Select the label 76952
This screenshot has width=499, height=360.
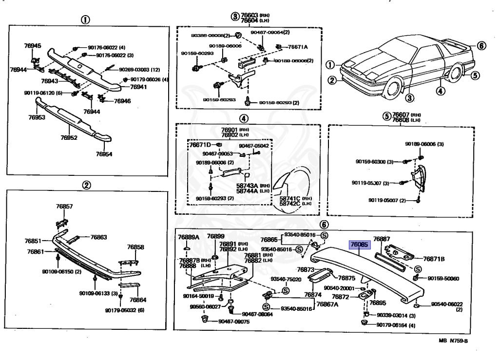click(x=69, y=138)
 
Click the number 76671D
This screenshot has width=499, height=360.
click(x=200, y=145)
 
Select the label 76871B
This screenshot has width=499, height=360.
click(x=433, y=259)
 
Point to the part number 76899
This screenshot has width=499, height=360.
click(x=215, y=236)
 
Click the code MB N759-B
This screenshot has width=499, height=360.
click(x=453, y=341)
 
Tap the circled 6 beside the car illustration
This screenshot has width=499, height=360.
click(x=481, y=46)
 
